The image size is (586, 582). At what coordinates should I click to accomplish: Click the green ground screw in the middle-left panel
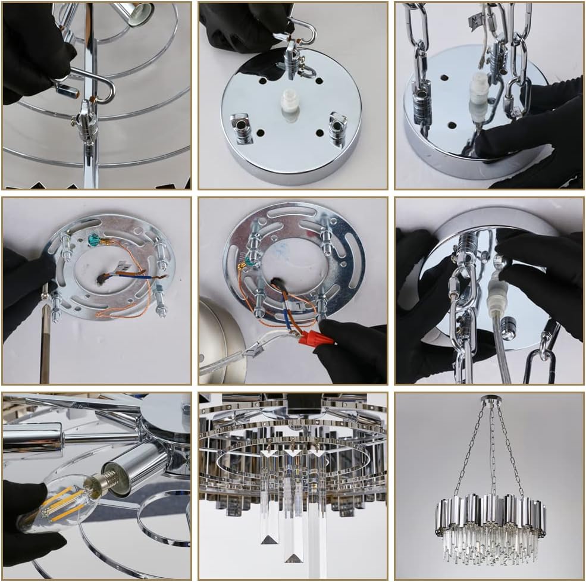(x=94, y=240)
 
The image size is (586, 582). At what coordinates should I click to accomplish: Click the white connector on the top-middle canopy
(x=289, y=104)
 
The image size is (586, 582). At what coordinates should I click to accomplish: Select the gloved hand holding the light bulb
(x=30, y=524)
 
